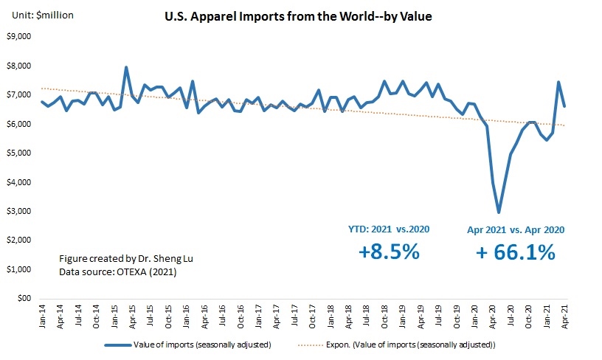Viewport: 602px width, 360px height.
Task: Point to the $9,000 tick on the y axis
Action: tap(21, 36)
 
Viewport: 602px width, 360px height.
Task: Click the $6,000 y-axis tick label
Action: tap(21, 124)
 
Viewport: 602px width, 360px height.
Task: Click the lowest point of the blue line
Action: tap(499, 212)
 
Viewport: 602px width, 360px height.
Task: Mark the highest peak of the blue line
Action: tap(126, 68)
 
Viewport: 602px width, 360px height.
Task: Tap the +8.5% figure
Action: tap(389, 252)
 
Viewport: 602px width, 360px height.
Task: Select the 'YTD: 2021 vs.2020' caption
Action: tap(389, 229)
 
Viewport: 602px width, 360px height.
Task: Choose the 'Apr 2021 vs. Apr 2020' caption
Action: tap(516, 229)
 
